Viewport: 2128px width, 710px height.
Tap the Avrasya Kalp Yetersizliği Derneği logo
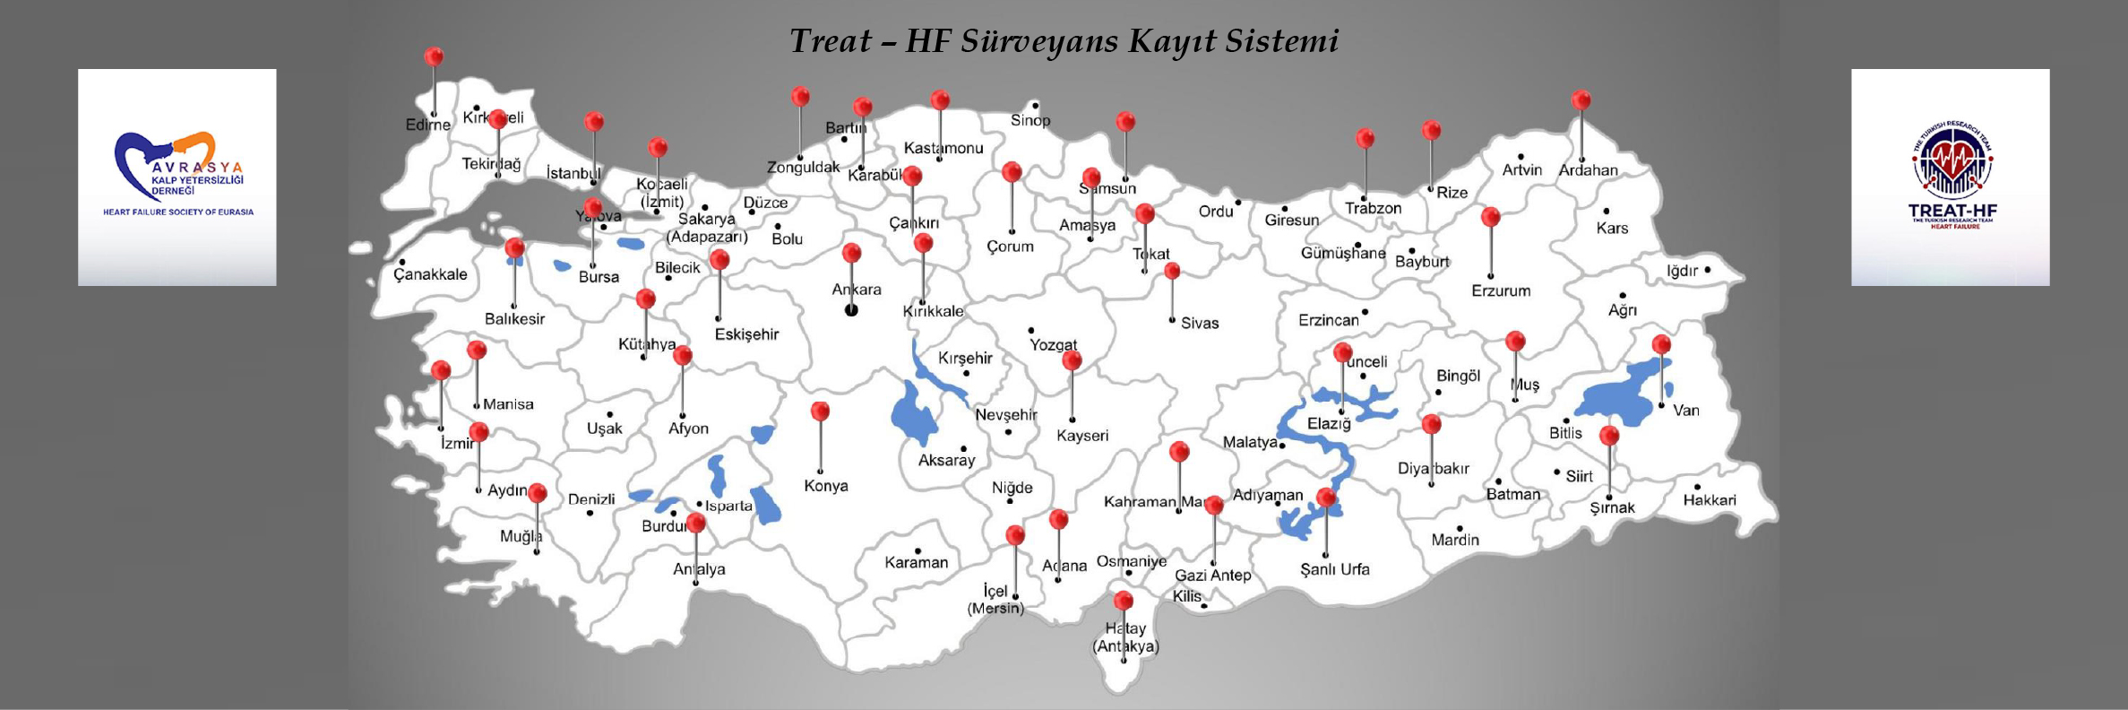pyautogui.click(x=177, y=177)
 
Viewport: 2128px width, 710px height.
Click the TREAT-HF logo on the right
pyautogui.click(x=1951, y=177)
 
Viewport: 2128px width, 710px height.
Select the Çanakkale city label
pyautogui.click(x=430, y=274)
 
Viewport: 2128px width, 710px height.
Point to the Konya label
pyautogui.click(x=825, y=486)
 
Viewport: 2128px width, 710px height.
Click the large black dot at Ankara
pyautogui.click(x=851, y=310)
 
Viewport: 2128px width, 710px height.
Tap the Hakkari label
pyautogui.click(x=1709, y=500)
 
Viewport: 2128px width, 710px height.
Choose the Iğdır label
pyautogui.click(x=1682, y=271)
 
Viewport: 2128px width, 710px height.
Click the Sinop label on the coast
pyautogui.click(x=1030, y=120)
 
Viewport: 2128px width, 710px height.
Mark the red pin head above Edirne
pyautogui.click(x=434, y=56)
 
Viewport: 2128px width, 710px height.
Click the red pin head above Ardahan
pyautogui.click(x=1581, y=100)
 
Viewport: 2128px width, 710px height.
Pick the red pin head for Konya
pyautogui.click(x=820, y=411)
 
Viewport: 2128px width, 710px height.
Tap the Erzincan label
pyautogui.click(x=1328, y=320)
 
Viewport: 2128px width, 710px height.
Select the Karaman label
pyautogui.click(x=916, y=563)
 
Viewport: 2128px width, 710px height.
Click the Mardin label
pyautogui.click(x=1455, y=540)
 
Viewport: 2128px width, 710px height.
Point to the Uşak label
pyautogui.click(x=604, y=429)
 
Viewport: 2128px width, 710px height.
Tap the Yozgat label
pyautogui.click(x=1053, y=345)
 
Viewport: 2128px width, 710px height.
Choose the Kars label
pyautogui.click(x=1612, y=228)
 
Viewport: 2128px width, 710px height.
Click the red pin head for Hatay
pyautogui.click(x=1123, y=601)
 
